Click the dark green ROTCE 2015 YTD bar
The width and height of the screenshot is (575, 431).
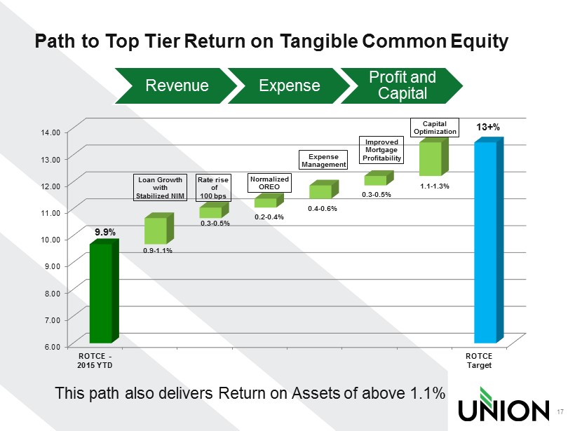coord(104,291)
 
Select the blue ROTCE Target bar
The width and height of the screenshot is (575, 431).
coord(489,240)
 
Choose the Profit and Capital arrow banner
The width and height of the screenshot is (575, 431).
coord(402,85)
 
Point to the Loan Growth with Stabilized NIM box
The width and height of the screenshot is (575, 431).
coord(160,188)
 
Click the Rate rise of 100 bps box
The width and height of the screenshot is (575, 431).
coord(213,188)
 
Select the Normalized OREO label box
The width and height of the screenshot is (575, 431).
coord(269,183)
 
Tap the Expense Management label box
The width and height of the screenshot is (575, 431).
coord(323,160)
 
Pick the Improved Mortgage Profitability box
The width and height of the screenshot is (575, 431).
coord(381,150)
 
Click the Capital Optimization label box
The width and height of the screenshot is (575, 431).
coord(435,128)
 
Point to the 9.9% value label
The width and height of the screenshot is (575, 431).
coord(105,232)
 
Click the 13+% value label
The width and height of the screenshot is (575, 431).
coord(488,127)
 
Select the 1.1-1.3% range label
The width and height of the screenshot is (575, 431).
coord(435,186)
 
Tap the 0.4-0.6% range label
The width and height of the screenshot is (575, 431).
coord(323,209)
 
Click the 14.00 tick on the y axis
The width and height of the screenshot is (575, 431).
coord(50,132)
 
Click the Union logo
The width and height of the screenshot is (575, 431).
coord(504,404)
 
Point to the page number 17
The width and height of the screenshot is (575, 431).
coord(560,412)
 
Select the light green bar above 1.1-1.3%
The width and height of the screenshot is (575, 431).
coord(434,156)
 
